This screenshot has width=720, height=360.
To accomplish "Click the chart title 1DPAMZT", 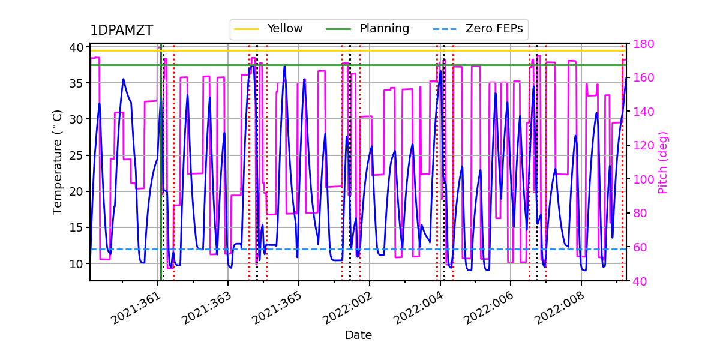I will (x=121, y=31).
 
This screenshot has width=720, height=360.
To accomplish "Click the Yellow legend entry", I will (x=285, y=29).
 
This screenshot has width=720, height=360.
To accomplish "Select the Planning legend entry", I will (x=384, y=29).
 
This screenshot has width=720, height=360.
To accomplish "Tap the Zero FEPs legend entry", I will (x=494, y=29).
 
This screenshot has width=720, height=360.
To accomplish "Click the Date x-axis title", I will (x=358, y=335).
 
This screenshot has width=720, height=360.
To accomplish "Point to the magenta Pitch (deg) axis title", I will (x=663, y=162).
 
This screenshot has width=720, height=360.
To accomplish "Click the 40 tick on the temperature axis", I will (x=79, y=47).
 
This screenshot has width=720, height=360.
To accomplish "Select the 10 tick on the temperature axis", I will (x=79, y=263).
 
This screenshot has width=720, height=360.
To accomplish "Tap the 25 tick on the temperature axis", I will (x=79, y=155).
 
